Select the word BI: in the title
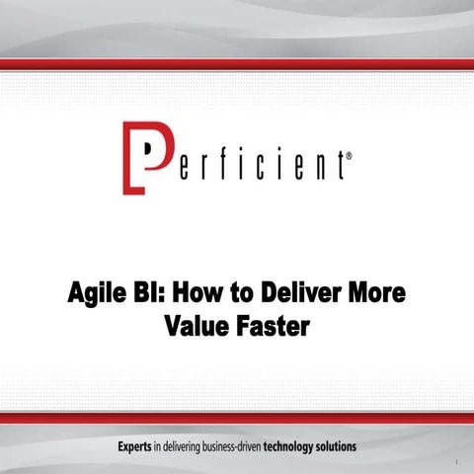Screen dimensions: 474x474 [165, 295]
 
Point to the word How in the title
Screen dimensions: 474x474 [215, 295]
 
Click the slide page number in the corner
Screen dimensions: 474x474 [459, 461]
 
